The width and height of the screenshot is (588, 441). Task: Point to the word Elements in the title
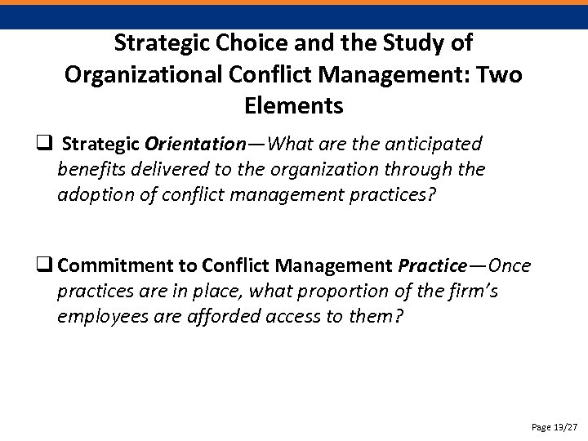pos(293,105)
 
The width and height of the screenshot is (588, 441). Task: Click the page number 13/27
pos(563,425)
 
